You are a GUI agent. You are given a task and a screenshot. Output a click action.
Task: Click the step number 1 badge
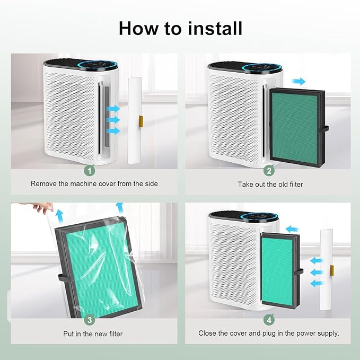point(90,171)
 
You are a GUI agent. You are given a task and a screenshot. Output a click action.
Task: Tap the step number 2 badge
point(269,171)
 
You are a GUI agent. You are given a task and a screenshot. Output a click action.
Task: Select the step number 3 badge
point(90,320)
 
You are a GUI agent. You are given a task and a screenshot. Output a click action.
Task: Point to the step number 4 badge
point(269,320)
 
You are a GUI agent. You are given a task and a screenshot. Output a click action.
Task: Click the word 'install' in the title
point(215,29)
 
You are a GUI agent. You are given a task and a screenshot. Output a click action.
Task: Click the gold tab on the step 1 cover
point(141,121)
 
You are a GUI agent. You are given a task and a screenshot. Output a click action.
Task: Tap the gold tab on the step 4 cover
point(332,270)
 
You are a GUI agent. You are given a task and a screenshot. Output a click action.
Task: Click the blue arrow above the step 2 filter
point(298,81)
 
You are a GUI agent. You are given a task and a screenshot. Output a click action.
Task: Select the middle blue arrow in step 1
point(113,120)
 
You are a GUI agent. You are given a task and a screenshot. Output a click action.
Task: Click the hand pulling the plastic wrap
point(42,207)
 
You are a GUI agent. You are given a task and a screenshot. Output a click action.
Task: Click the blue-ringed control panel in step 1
point(99,65)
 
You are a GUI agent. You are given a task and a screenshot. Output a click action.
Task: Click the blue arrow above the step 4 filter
point(292,229)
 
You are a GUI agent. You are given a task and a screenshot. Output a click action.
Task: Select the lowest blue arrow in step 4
point(317,283)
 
